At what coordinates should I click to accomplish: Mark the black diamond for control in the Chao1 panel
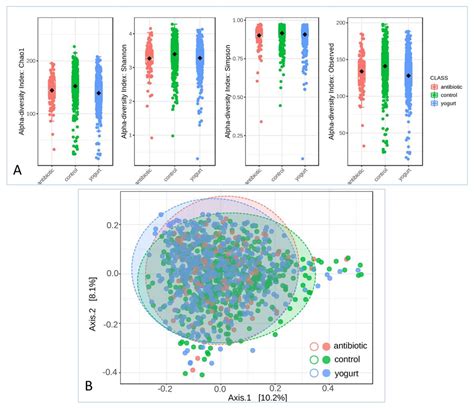[75, 86]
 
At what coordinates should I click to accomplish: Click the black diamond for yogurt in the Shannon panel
[200, 59]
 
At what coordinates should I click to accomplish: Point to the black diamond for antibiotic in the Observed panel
[361, 72]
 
